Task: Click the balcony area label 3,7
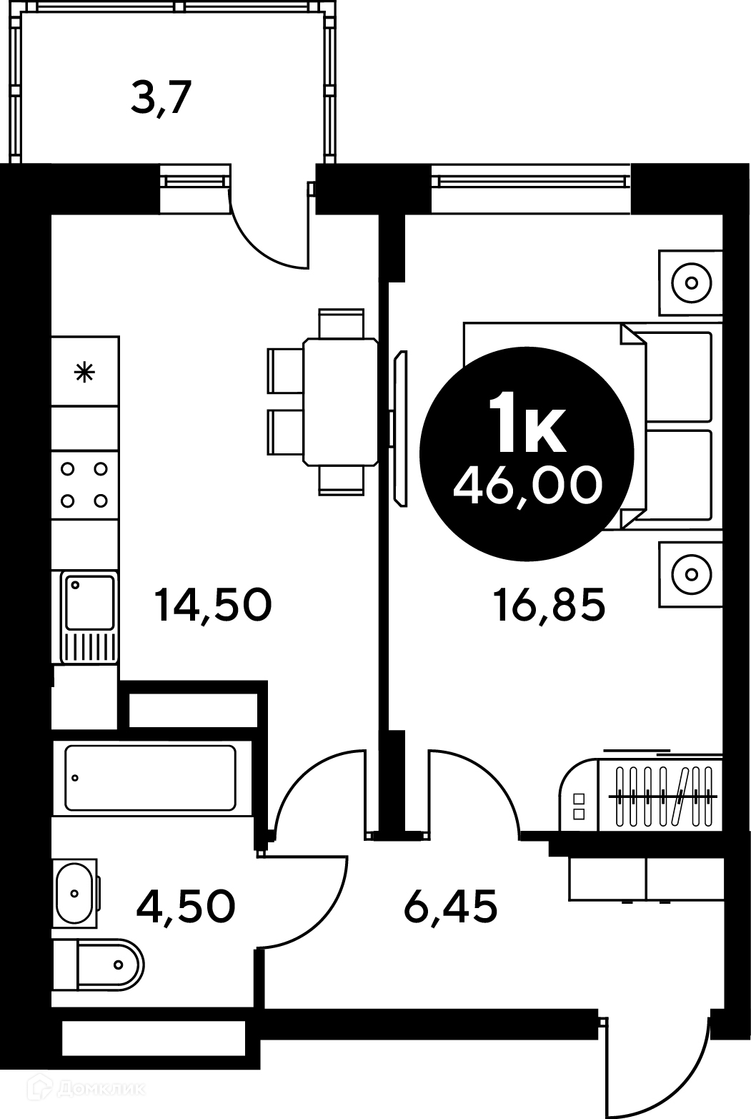point(161,99)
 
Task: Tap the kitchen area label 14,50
point(213,605)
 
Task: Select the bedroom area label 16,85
point(549,605)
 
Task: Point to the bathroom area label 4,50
point(186,906)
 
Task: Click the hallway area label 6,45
point(450,906)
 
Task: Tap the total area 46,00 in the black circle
point(528,485)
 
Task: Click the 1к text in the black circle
point(527,423)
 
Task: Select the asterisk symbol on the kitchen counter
point(84,373)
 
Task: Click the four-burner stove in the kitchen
point(84,485)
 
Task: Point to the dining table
point(341,402)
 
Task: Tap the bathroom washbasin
point(75,893)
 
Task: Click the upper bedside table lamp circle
point(692,283)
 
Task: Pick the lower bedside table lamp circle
point(692,574)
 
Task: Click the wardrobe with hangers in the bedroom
point(641,795)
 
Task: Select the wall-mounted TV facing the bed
point(400,428)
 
